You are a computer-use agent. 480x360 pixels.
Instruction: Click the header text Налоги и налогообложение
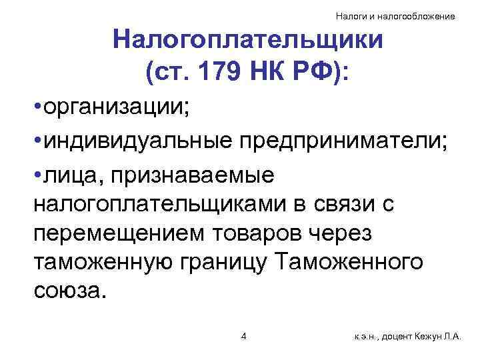click(x=395, y=15)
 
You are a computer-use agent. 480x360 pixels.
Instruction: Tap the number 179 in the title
click(x=223, y=70)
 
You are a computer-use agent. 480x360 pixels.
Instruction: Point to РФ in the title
click(x=318, y=70)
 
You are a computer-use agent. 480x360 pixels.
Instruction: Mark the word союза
click(x=68, y=292)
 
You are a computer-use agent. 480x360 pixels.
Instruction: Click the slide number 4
click(x=243, y=336)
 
